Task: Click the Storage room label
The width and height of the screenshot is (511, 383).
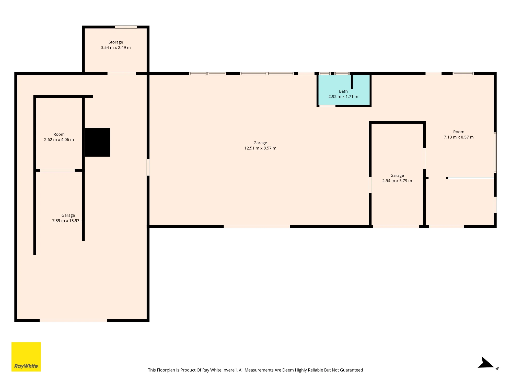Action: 116,42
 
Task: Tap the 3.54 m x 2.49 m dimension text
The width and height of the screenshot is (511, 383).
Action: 116,47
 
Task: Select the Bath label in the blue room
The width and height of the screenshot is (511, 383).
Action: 343,91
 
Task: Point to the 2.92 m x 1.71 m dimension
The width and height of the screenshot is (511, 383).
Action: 343,97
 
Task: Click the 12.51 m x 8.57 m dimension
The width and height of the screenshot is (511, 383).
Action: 260,148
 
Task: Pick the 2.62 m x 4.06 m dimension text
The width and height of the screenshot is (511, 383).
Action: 59,140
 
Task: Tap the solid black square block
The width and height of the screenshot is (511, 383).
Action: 97,142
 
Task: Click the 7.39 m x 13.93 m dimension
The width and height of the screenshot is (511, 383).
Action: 67,221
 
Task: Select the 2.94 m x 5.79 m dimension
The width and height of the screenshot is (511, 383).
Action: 397,181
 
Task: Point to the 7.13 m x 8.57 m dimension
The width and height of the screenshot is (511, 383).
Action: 459,137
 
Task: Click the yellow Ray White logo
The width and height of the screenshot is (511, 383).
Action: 26,357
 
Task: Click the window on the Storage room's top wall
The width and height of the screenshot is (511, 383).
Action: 126,27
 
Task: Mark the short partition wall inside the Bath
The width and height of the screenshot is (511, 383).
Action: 352,82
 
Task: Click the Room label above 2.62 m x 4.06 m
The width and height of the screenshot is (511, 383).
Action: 59,134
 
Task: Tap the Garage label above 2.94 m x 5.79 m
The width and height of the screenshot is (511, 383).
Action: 397,175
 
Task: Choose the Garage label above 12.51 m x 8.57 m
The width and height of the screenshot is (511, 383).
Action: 260,143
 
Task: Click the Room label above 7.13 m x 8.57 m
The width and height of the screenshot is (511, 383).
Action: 459,132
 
